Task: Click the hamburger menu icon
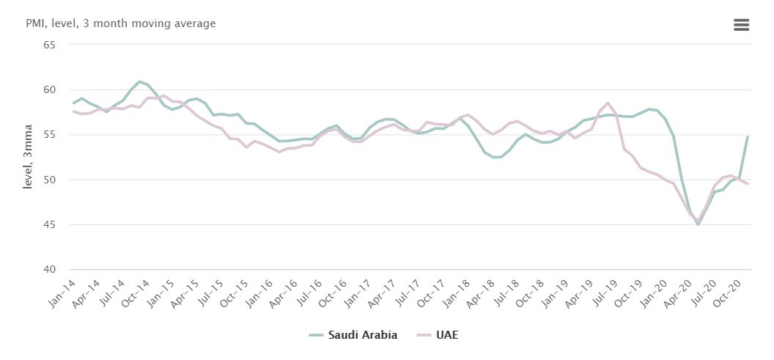(741, 25)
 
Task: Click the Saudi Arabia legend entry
(353, 335)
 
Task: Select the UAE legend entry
(438, 335)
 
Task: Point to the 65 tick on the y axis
(50, 45)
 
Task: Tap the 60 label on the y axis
(50, 89)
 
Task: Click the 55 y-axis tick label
(50, 135)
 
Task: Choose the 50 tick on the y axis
(50, 180)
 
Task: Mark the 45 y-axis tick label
(50, 225)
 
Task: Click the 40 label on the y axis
(50, 270)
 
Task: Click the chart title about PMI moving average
(120, 23)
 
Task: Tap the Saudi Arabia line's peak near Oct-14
(139, 81)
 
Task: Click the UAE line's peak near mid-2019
(608, 103)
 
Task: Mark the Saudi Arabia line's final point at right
(747, 137)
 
